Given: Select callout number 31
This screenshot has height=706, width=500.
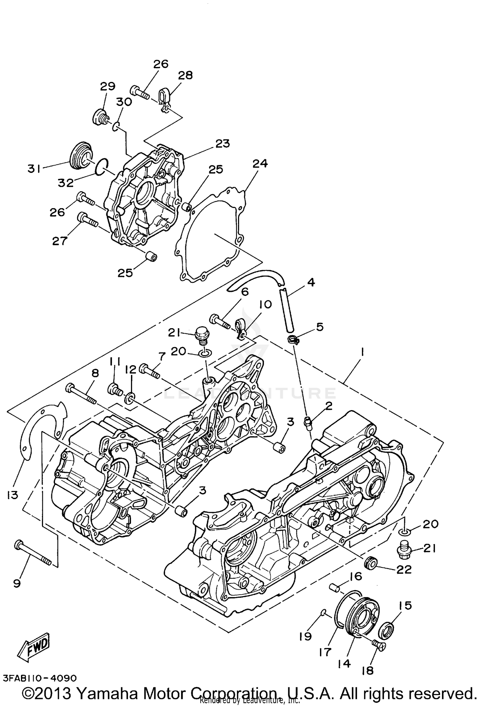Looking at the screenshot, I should pyautogui.click(x=34, y=169).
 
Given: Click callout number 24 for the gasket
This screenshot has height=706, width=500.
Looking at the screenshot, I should pyautogui.click(x=260, y=164).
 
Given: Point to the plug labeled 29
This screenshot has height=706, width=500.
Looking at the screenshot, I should pyautogui.click(x=100, y=117).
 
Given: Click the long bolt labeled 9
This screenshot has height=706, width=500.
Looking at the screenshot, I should pyautogui.click(x=33, y=553).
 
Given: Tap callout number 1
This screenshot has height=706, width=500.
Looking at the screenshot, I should pyautogui.click(x=362, y=352).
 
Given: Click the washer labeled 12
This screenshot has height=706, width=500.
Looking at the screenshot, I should pyautogui.click(x=130, y=398).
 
